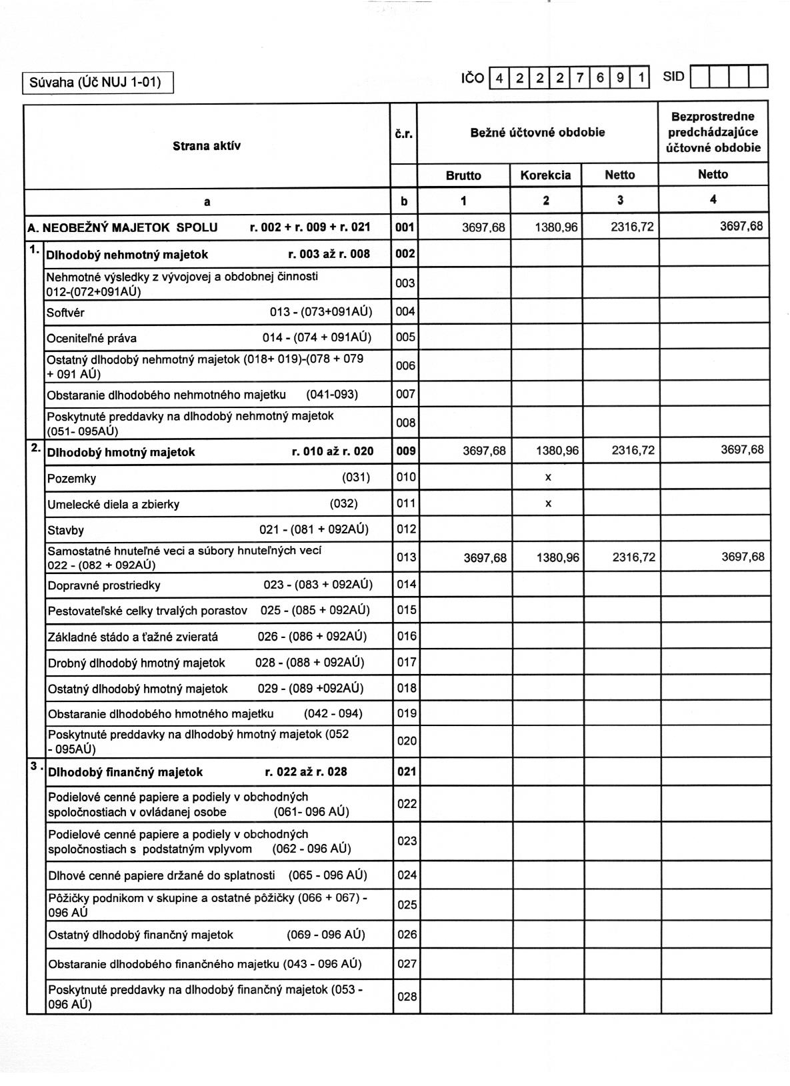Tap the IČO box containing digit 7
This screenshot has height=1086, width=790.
tap(580, 78)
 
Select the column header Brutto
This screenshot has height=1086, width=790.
tap(463, 175)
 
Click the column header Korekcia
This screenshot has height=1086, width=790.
tap(545, 175)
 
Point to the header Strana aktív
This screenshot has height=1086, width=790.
tap(207, 146)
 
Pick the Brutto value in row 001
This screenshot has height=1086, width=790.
tap(483, 227)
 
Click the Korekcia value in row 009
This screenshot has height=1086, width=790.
tap(557, 451)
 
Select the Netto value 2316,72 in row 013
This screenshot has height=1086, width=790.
tap(633, 557)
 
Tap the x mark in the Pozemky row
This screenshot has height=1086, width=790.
tap(548, 477)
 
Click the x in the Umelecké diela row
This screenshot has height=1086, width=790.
tap(548, 503)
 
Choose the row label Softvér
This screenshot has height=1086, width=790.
tap(65, 313)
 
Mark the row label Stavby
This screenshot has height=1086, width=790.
tap(65, 531)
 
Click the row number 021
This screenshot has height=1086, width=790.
tap(406, 771)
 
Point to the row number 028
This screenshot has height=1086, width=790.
tap(407, 997)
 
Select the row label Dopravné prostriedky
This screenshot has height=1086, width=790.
tap(104, 585)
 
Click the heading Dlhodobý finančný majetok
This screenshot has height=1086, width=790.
tap(125, 772)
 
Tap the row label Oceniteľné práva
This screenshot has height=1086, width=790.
tap(91, 338)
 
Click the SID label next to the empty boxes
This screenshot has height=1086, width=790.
tap(673, 77)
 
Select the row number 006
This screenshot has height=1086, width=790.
tap(405, 365)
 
